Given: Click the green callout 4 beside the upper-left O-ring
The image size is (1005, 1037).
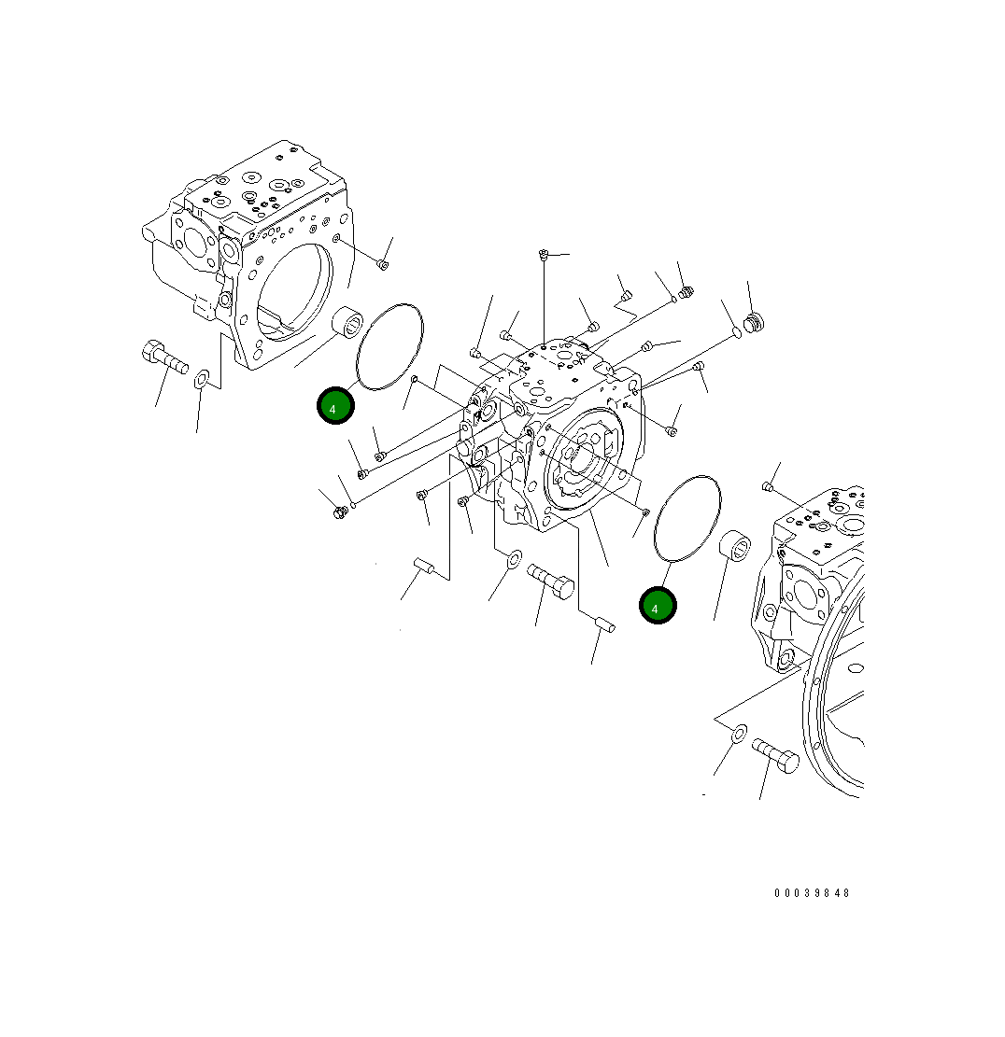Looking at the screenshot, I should tap(334, 406).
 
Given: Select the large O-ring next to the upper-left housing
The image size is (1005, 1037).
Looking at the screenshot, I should tap(390, 345).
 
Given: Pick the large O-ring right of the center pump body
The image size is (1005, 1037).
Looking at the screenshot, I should tap(688, 519).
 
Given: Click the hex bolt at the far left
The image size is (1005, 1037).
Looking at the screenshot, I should tap(163, 356).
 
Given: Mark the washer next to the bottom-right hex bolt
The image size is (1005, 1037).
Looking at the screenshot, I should tap(737, 733).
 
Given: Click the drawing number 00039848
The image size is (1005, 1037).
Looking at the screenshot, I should tap(812, 893).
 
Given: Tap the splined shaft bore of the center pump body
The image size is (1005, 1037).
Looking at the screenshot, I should tap(581, 458).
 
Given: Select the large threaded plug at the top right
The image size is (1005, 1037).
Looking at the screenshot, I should tap(756, 323).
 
